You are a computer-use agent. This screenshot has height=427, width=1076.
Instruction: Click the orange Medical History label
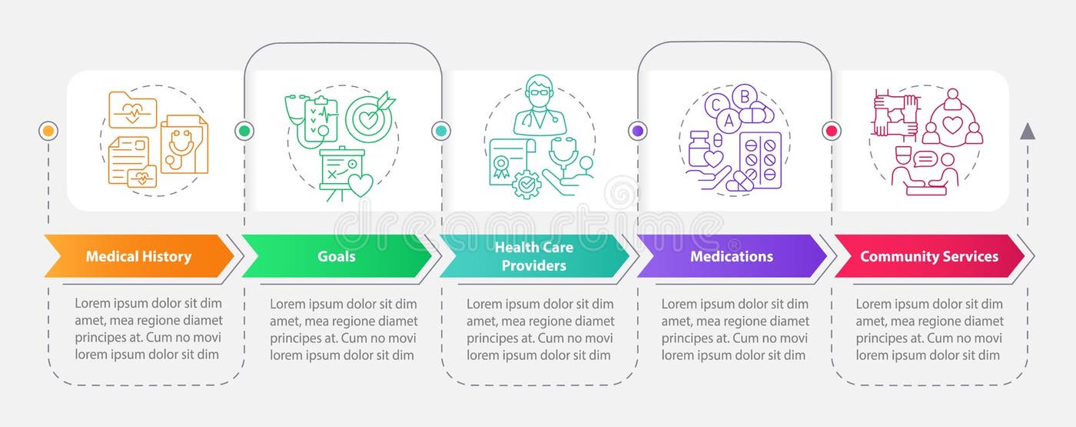click(x=138, y=256)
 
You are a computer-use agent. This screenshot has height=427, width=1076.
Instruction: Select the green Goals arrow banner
click(x=337, y=256)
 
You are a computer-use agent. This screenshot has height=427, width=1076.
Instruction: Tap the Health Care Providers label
click(x=533, y=256)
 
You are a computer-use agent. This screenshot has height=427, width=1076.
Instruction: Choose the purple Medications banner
click(x=731, y=256)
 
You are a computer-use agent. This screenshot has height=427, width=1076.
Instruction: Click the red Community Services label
click(x=928, y=256)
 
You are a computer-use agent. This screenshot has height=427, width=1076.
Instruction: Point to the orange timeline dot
click(x=48, y=131)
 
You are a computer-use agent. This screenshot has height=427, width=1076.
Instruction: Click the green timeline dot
click(x=244, y=131)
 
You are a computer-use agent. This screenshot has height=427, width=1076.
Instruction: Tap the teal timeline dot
click(x=441, y=131)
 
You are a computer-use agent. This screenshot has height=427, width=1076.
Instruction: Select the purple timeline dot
click(x=637, y=131)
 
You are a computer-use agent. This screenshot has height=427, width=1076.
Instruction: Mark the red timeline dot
click(x=831, y=131)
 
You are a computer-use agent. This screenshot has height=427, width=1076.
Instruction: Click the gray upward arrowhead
click(x=1028, y=132)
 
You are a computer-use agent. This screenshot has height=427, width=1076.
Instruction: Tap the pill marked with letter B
click(x=743, y=97)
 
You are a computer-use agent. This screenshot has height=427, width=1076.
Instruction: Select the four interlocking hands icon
click(x=895, y=114)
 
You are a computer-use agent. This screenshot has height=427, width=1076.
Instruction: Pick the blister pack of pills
click(x=759, y=158)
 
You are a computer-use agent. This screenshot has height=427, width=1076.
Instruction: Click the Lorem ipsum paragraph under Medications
click(x=735, y=329)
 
